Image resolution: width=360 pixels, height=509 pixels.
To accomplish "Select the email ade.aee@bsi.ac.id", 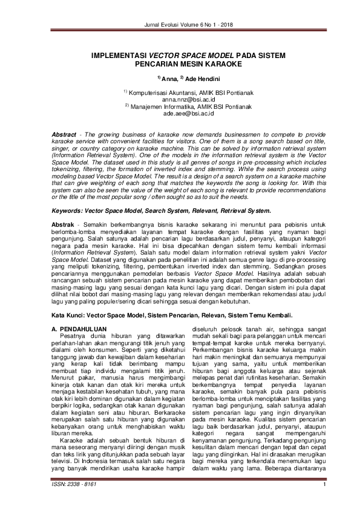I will coord(180,112).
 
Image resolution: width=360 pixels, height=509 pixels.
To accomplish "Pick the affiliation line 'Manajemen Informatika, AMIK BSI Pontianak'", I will coord(183,106).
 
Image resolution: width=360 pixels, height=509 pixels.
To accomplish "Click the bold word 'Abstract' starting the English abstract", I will coord(63,132).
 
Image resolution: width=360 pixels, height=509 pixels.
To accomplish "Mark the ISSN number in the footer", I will coord(71,501).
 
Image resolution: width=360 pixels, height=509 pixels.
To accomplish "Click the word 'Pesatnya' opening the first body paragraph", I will coord(72,336).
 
